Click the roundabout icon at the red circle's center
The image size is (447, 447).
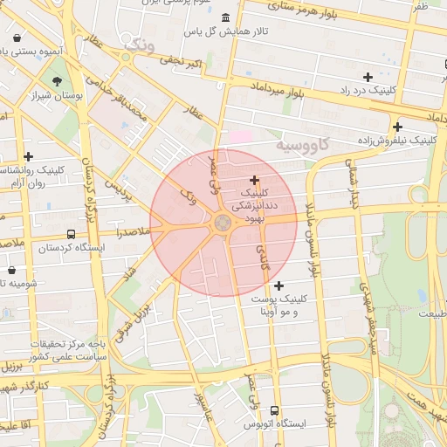pyautogui.click(x=223, y=223)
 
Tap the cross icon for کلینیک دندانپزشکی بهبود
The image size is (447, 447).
pyautogui.click(x=254, y=180)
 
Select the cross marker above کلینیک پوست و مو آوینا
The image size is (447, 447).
pyautogui.click(x=279, y=285)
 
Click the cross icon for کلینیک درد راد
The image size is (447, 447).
pyautogui.click(x=368, y=78)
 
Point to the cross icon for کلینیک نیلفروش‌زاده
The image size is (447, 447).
pyautogui.click(x=397, y=127)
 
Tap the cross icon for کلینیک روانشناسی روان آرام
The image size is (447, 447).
pyautogui.click(x=29, y=156)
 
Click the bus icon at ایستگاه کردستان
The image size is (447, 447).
pyautogui.click(x=71, y=234)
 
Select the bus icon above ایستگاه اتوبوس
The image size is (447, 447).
pyautogui.click(x=275, y=410)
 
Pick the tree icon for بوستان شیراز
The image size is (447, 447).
pyautogui.click(x=57, y=82)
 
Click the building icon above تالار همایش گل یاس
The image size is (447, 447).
pyautogui.click(x=226, y=18)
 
